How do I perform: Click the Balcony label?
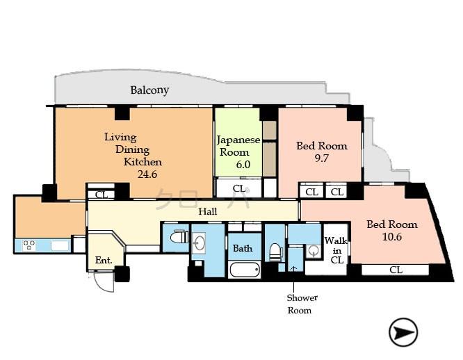pos(149,90)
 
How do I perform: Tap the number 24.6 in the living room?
pos(147,174)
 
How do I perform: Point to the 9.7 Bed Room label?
pos(321,152)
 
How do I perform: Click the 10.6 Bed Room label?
pos(392,230)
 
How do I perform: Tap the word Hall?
pos(207,211)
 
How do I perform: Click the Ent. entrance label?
pos(104,261)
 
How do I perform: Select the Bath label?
pos(243,248)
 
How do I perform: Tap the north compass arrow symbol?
pos(403,332)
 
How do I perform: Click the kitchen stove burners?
pos(30,245)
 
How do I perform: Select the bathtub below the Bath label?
pos(244,270)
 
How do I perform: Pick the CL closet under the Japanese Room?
pos(238,188)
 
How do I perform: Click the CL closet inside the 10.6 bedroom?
pos(395,270)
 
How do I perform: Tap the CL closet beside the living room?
pos(101,195)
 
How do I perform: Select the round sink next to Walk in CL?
pos(313,252)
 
